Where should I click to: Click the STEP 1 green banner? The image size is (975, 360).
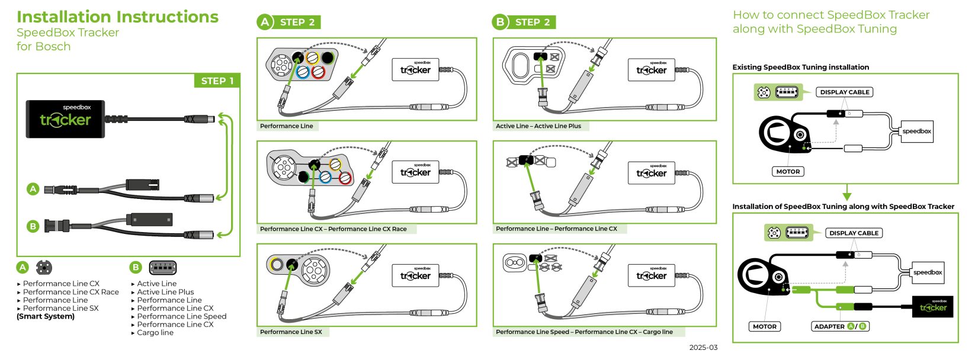[x=217, y=81]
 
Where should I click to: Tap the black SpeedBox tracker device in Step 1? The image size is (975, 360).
[x=65, y=119]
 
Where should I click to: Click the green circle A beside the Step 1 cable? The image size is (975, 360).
[x=33, y=189]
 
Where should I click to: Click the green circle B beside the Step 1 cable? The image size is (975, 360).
[x=33, y=226]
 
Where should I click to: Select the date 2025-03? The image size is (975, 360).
[x=703, y=348]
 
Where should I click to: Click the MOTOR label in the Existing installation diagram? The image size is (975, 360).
[x=788, y=172]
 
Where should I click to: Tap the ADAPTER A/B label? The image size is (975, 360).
[x=840, y=326]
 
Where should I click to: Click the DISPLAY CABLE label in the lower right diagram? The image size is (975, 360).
[x=854, y=233]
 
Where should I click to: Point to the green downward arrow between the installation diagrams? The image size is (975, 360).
[x=846, y=194]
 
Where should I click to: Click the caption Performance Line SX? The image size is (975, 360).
[x=291, y=332]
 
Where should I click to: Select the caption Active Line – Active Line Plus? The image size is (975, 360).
[x=538, y=126]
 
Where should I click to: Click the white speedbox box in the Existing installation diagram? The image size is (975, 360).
[x=916, y=131]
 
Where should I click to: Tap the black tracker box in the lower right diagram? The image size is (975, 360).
[x=932, y=307]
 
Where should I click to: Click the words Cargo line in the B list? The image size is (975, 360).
[x=155, y=333]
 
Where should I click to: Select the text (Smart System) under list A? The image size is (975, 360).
[x=46, y=317]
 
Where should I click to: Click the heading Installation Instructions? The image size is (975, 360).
[x=117, y=17]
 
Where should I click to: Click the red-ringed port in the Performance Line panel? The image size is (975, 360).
[x=318, y=72]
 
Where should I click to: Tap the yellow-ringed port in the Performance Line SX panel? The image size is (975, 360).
[x=275, y=264]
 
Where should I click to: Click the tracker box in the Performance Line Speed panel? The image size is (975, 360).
[x=652, y=275]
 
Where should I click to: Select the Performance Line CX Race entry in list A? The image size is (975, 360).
[x=70, y=292]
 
